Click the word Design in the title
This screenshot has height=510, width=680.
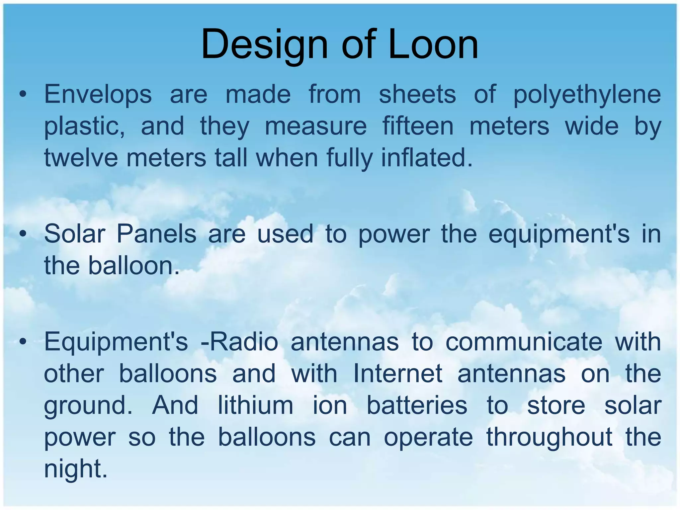pyautogui.click(x=264, y=45)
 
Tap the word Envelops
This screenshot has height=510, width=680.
pyautogui.click(x=98, y=94)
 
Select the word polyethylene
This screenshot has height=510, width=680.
pyautogui.click(x=587, y=95)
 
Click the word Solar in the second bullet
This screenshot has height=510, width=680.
pyautogui.click(x=75, y=234)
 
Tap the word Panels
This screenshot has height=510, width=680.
pyautogui.click(x=156, y=234)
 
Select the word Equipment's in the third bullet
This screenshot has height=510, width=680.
pyautogui.click(x=116, y=342)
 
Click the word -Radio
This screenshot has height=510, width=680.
pyautogui.click(x=239, y=342)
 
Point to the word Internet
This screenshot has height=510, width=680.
pyautogui.click(x=397, y=374)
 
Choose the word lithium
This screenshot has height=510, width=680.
pyautogui.click(x=255, y=405)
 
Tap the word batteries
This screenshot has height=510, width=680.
pyautogui.click(x=417, y=405)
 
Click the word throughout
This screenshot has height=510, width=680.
pyautogui.click(x=549, y=437)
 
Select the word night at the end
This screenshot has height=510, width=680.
pyautogui.click(x=76, y=469)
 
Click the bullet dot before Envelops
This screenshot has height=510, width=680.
pyautogui.click(x=23, y=95)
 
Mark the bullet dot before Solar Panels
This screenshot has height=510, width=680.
pyautogui.click(x=23, y=234)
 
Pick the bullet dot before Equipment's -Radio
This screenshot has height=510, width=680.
pyautogui.click(x=23, y=342)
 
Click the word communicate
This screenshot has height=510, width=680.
pyautogui.click(x=524, y=342)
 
